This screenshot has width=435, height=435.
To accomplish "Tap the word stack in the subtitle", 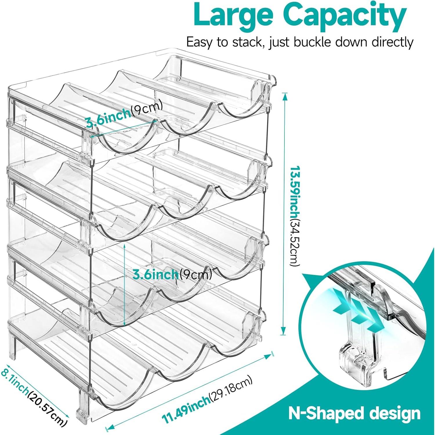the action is point(248,42).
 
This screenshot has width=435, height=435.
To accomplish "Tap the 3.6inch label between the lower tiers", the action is point(155,274).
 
